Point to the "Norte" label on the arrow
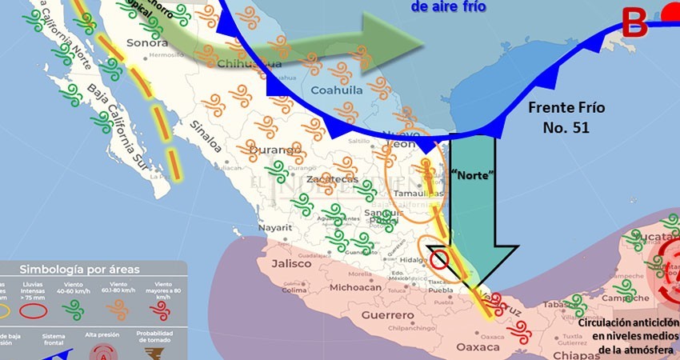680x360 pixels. click(471, 174)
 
